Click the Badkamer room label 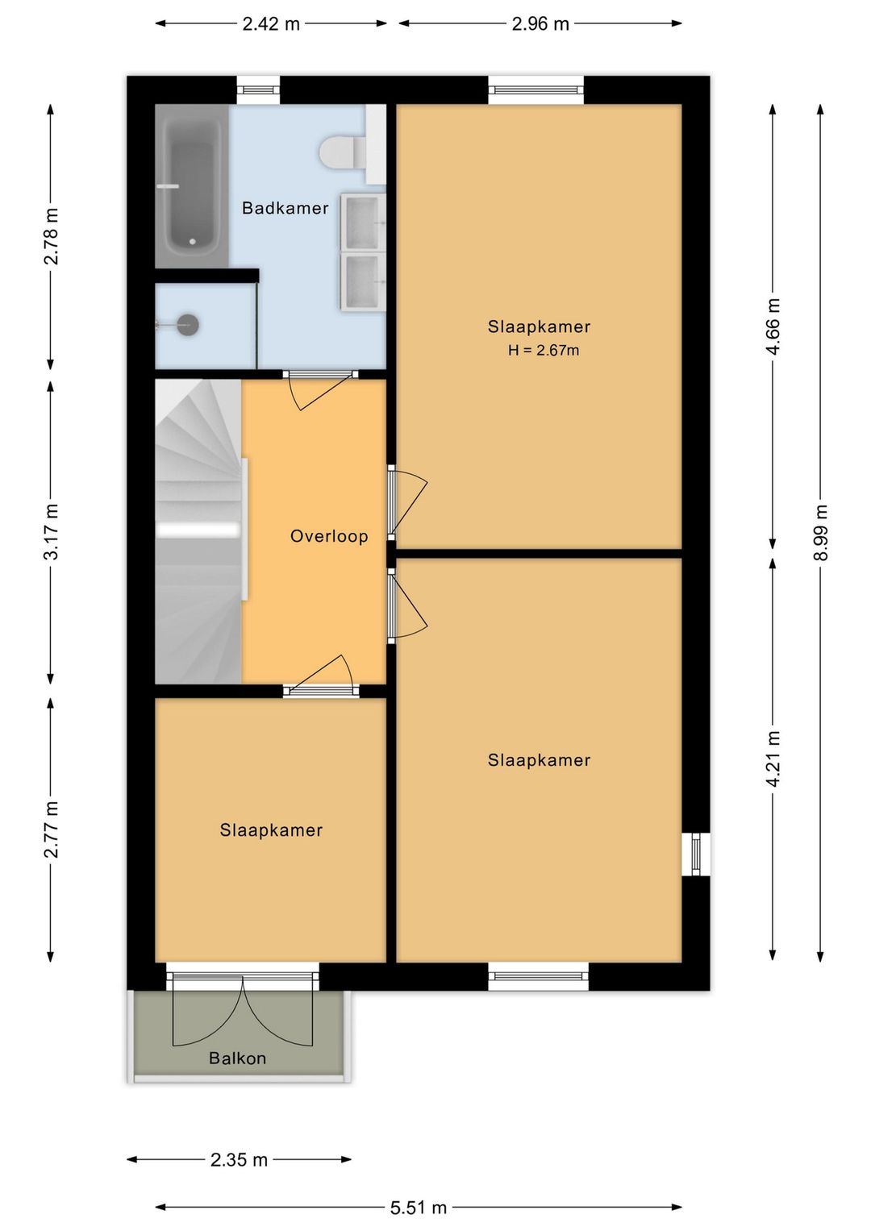click(285, 208)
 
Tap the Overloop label click(329, 536)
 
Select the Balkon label click(237, 1058)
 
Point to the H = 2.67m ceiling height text click(544, 350)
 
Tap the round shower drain click(188, 325)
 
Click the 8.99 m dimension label click(820, 532)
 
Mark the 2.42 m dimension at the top click(271, 23)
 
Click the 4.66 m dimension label click(773, 327)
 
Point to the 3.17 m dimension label click(51, 531)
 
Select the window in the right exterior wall click(696, 854)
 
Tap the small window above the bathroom click(258, 90)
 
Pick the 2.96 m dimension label click(540, 23)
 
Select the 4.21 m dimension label click(773, 759)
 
